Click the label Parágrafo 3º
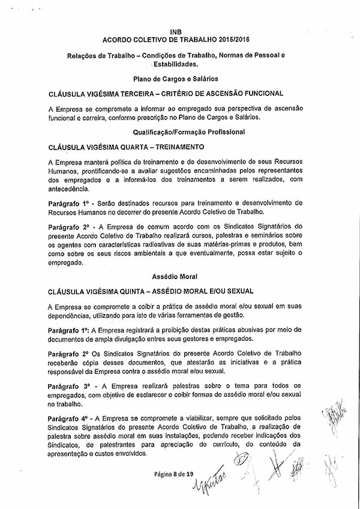point(70,385)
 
